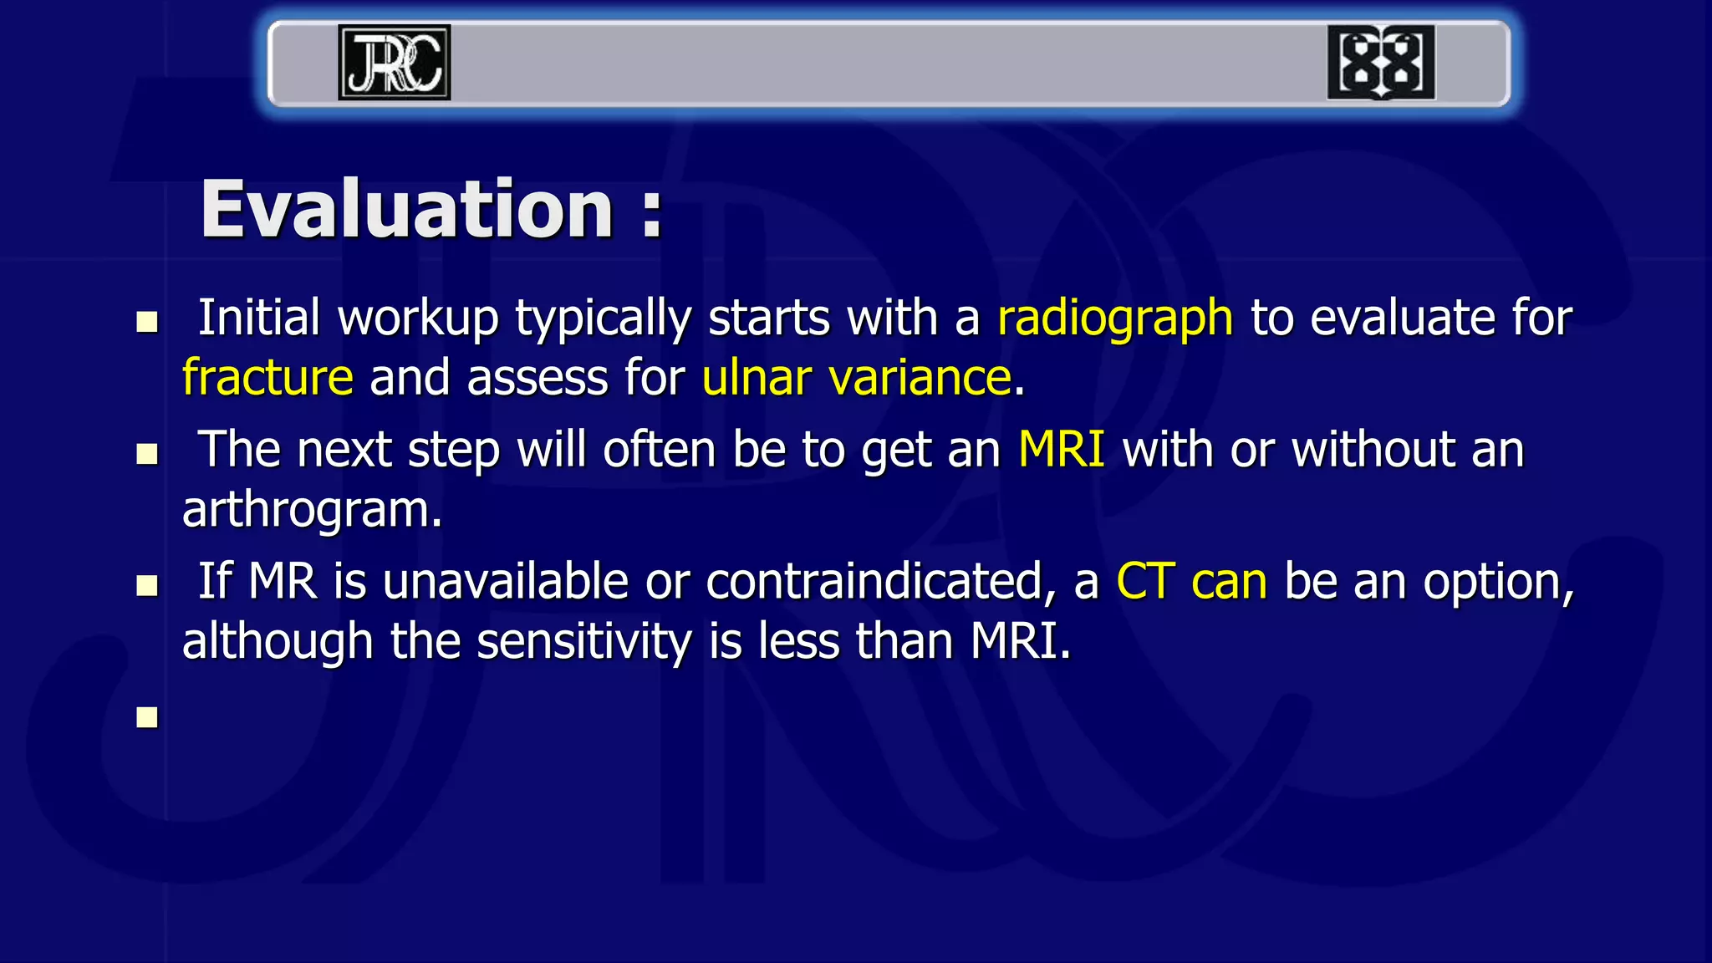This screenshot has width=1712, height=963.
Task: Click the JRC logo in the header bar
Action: coord(394,63)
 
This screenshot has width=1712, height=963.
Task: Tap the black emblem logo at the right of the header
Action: coord(1381,63)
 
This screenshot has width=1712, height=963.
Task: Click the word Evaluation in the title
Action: coord(408,210)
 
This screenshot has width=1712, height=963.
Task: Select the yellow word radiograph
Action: coord(1115,319)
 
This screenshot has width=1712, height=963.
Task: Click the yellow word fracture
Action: coord(267,378)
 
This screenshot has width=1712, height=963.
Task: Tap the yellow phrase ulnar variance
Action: coord(857,378)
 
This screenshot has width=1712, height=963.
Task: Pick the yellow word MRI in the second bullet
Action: coord(1062,450)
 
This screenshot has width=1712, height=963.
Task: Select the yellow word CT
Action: coord(1145,582)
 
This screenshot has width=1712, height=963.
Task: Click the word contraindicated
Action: coord(874,582)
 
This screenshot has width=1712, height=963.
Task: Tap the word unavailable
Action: coord(505,582)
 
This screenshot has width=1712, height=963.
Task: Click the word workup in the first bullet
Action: coord(418,319)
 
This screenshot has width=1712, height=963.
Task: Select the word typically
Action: coord(604,319)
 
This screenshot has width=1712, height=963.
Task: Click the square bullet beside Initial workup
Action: coord(147,323)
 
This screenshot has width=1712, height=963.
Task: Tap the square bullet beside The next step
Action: coord(147,454)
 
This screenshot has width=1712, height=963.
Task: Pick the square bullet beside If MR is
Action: coord(147,585)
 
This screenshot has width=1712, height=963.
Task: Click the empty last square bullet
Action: coord(147,717)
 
